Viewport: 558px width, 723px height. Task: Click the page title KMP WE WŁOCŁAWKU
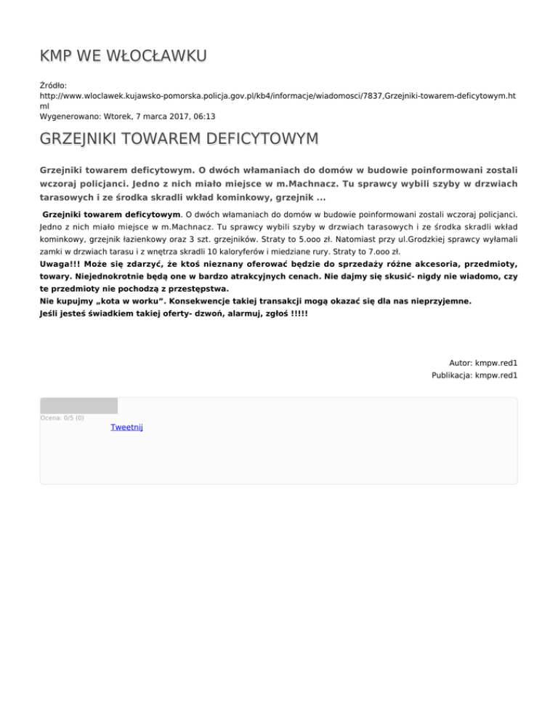pos(124,56)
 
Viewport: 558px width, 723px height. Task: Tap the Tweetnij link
pos(126,427)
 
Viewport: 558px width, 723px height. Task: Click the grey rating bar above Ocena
pos(78,405)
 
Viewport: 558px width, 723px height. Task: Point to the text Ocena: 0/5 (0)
pos(62,418)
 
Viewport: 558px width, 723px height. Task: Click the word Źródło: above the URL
pos(53,85)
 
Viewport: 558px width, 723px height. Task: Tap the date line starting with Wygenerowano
pos(128,116)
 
